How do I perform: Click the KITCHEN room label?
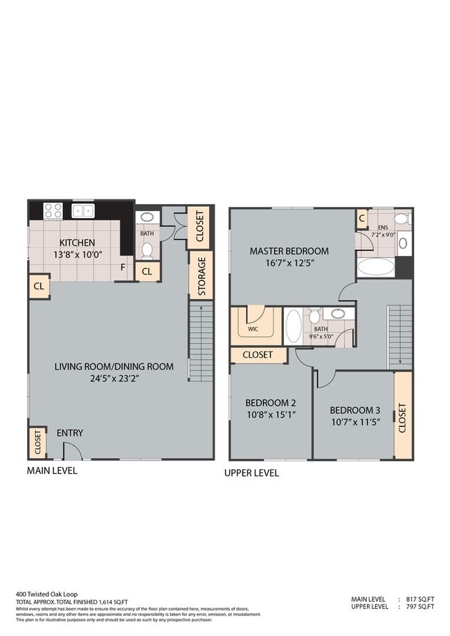click(78, 243)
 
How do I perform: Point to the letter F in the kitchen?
click(123, 266)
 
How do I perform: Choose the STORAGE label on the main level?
click(201, 278)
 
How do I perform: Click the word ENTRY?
click(70, 433)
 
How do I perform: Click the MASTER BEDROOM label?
click(289, 251)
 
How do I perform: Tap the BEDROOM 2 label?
click(271, 403)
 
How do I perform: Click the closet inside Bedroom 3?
click(402, 417)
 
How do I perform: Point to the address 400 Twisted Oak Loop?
click(46, 594)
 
